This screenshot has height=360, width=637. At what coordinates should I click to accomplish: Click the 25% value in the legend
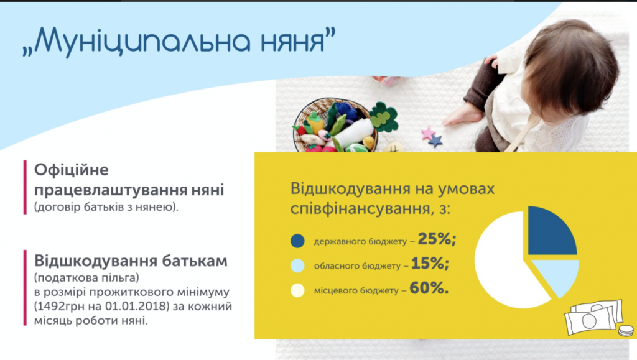coord(437,239)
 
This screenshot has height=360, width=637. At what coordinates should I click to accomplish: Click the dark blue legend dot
coord(297,241)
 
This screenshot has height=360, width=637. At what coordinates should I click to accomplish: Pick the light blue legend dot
coord(297,265)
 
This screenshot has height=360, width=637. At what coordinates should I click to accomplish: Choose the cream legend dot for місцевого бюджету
coord(297,290)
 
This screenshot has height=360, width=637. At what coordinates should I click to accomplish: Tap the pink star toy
coord(427,132)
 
